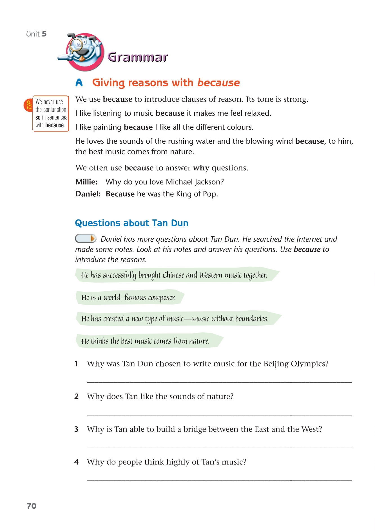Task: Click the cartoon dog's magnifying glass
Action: [76, 44]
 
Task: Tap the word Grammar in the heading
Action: [138, 57]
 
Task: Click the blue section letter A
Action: [79, 83]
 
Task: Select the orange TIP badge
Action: [28, 105]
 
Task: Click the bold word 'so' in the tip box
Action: [38, 117]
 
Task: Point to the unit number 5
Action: [44, 34]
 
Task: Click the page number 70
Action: [32, 506]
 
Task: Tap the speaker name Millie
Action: [86, 182]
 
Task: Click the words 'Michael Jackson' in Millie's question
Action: [195, 182]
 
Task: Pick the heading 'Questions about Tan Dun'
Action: [131, 223]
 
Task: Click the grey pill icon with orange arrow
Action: [86, 239]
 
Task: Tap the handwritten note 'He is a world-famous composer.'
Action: [128, 297]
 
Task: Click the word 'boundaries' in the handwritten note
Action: [251, 319]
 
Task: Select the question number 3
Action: [76, 429]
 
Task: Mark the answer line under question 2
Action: [219, 415]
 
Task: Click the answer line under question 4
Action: [219, 480]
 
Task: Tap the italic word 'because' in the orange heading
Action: [218, 83]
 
